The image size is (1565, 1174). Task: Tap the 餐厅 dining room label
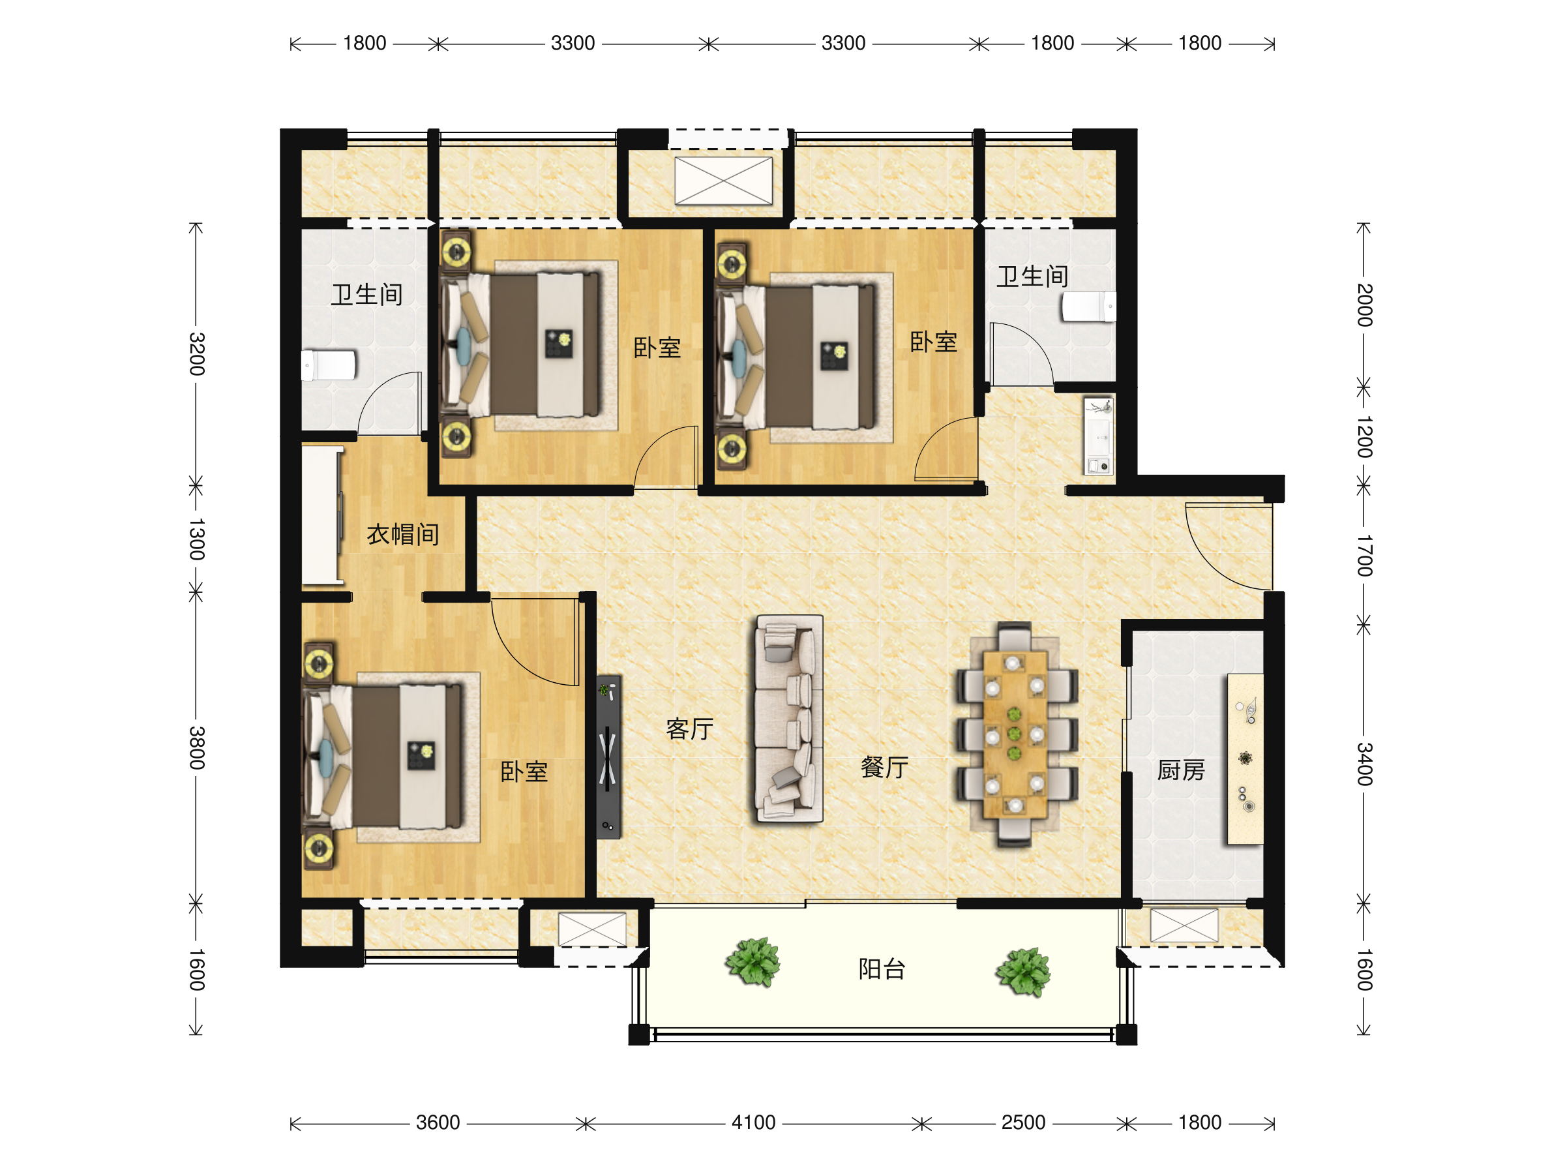pos(884,767)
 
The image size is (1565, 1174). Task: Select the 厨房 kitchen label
pos(1181,770)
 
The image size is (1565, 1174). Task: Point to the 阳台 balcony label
pos(882,969)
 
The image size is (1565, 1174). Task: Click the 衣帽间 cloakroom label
pos(402,534)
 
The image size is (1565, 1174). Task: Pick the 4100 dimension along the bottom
pos(754,1122)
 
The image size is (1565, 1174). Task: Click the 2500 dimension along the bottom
pos(1023,1122)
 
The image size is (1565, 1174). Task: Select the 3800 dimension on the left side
pos(197,748)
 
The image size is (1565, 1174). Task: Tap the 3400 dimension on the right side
pos(1364,764)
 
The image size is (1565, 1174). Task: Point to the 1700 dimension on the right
pos(1364,556)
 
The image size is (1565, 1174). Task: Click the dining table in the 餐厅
pos(1015,734)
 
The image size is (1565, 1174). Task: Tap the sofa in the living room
pos(789,719)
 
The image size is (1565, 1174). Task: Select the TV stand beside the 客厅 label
pos(608,757)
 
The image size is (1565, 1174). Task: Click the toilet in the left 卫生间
pos(329,365)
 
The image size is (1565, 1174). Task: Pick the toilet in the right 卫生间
pos(1088,307)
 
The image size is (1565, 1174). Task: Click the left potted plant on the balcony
pos(753,962)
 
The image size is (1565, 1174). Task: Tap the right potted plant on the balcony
pos(1023,972)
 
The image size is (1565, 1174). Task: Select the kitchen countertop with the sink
pos(1245,759)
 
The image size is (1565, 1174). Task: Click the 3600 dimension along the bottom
pos(438,1122)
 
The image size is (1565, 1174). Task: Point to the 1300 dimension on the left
pos(197,539)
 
